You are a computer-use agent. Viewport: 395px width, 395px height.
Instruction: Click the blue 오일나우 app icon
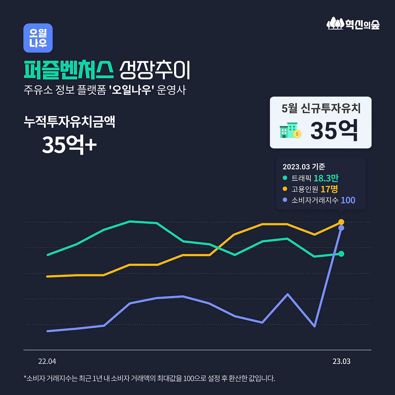coord(38,38)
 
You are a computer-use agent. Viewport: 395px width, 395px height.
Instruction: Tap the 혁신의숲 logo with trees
coord(353,24)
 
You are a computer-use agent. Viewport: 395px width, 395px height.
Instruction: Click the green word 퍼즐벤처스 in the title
coord(69,70)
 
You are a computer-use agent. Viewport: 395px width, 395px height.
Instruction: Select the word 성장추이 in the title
coord(155,70)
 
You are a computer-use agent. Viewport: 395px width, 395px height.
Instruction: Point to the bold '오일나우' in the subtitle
coord(132,90)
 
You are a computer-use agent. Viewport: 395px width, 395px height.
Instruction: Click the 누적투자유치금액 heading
coord(69,122)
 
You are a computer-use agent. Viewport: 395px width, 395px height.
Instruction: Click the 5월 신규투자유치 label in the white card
coord(321,108)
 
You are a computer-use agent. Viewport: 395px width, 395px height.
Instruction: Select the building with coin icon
coord(290,130)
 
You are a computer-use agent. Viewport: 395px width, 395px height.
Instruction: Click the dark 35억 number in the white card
coord(334,131)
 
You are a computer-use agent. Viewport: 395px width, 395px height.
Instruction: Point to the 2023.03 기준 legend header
coord(304,167)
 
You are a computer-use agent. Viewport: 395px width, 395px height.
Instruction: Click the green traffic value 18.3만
coord(326,178)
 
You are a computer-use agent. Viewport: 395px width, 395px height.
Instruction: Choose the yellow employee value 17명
coord(329,189)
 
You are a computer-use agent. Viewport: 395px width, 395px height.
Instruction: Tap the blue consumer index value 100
coord(348,200)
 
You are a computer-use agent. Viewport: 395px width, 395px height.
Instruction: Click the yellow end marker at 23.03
coord(341,222)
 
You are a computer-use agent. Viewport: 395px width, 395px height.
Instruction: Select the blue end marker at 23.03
coord(341,228)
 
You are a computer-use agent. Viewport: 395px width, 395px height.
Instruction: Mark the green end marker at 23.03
coord(341,254)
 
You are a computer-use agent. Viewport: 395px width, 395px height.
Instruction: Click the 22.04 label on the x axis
coord(47,361)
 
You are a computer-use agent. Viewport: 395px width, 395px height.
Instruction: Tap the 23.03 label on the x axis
coord(341,361)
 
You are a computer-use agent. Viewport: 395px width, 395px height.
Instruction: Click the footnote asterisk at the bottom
coord(25,377)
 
